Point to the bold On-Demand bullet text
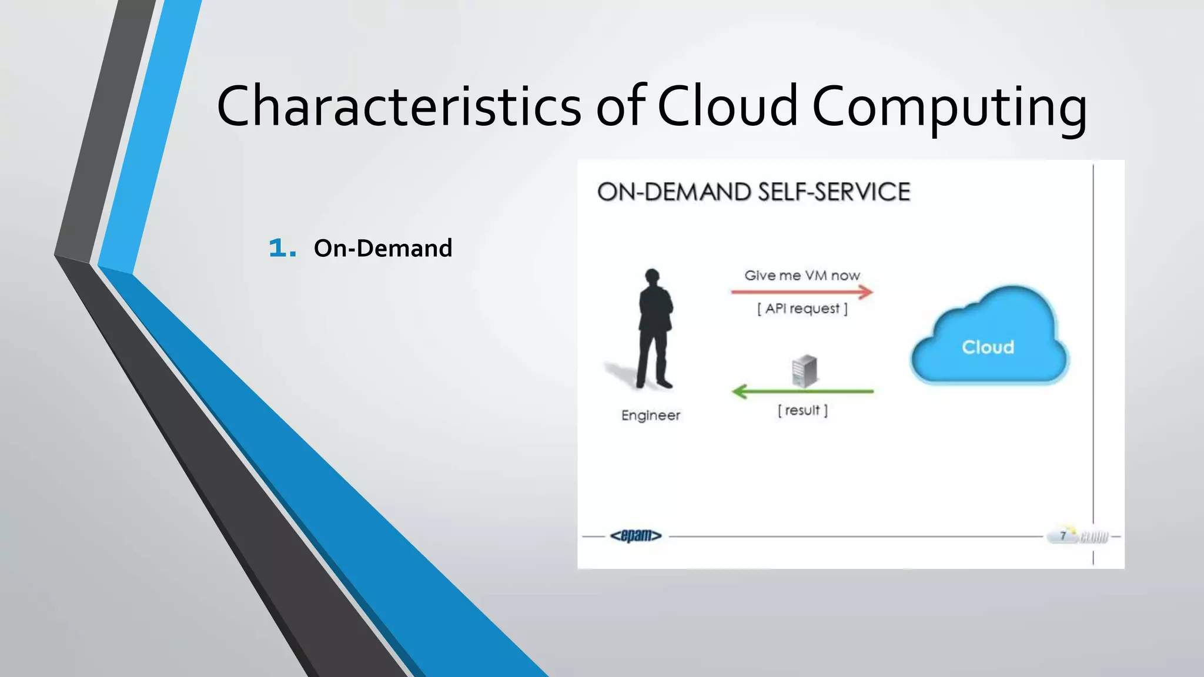pyautogui.click(x=383, y=248)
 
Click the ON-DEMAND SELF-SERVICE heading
pyautogui.click(x=753, y=192)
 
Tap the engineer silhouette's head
pyautogui.click(x=652, y=276)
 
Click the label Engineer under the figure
pyautogui.click(x=650, y=415)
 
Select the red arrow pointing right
pyautogui.click(x=802, y=291)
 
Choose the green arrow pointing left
pyautogui.click(x=802, y=391)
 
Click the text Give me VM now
pyautogui.click(x=802, y=275)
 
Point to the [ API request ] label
pyautogui.click(x=802, y=309)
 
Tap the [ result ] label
pyautogui.click(x=802, y=410)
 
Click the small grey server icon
pyautogui.click(x=804, y=371)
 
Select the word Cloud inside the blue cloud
pyautogui.click(x=988, y=347)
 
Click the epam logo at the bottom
pyautogui.click(x=636, y=535)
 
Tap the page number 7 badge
pyautogui.click(x=1063, y=535)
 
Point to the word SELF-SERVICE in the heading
pyautogui.click(x=834, y=192)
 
